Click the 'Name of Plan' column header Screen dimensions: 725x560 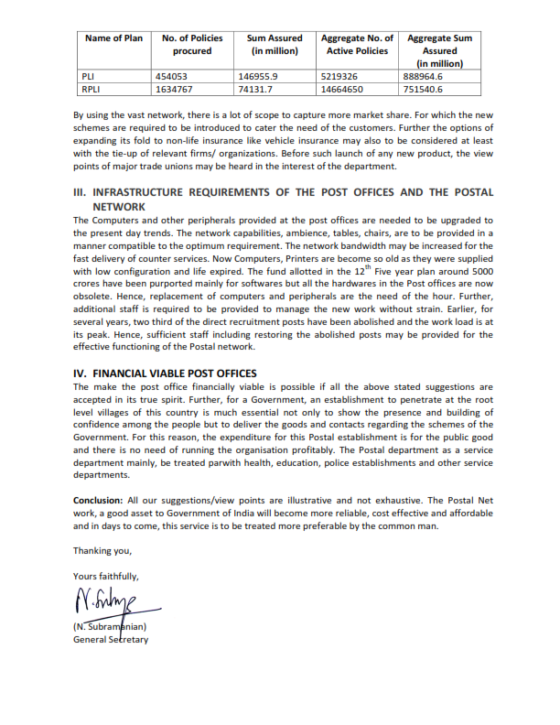pyautogui.click(x=113, y=38)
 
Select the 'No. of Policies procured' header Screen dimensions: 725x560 pyautogui.click(x=192, y=45)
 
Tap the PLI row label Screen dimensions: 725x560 pyautogui.click(x=90, y=77)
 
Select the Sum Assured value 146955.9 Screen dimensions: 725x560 pyautogui.click(x=256, y=77)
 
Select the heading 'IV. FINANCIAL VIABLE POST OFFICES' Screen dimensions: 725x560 pyautogui.click(x=165, y=373)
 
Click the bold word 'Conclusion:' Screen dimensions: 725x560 pyautogui.click(x=98, y=502)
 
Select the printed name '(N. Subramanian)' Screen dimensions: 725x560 pyautogui.click(x=111, y=627)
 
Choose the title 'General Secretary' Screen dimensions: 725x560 pyautogui.click(x=111, y=639)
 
